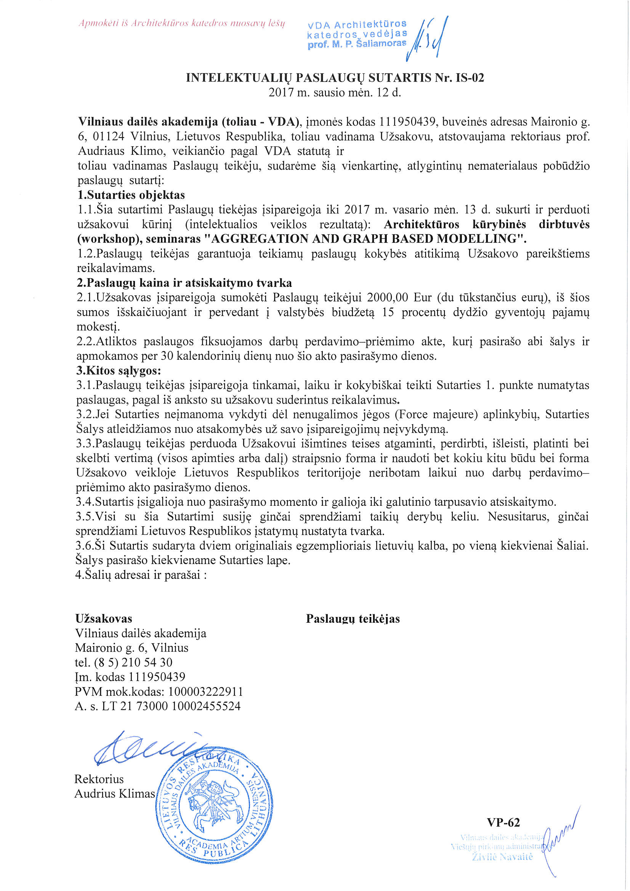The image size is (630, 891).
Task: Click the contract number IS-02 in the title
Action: click(470, 78)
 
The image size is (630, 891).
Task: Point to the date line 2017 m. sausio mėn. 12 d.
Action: click(335, 93)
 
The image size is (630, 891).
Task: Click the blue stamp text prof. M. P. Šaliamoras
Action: click(357, 43)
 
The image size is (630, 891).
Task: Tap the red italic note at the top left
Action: click(182, 23)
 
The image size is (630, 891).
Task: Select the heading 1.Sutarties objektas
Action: click(131, 195)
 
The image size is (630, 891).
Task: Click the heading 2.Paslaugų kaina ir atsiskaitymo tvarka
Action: click(184, 283)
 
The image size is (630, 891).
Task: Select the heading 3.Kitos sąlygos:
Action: click(119, 370)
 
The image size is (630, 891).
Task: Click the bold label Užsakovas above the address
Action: click(104, 619)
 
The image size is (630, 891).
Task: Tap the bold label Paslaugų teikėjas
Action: click(353, 619)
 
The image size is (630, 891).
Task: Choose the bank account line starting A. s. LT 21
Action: click(158, 706)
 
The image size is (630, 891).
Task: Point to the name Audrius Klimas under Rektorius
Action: click(114, 794)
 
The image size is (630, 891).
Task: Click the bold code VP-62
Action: click(503, 823)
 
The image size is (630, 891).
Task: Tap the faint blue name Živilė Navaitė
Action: click(503, 857)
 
